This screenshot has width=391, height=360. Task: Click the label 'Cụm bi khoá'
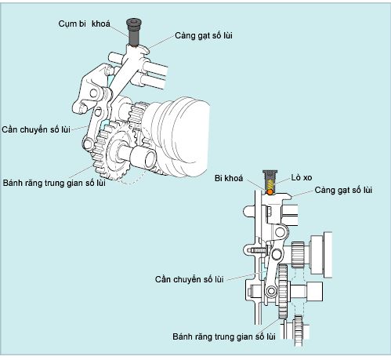click(x=84, y=24)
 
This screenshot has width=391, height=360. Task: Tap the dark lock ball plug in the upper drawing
click(x=134, y=32)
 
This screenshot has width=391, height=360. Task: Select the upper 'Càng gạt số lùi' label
click(x=204, y=35)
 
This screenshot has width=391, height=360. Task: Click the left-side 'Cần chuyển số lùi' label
click(x=36, y=129)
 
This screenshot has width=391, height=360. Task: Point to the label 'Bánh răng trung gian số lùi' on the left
click(x=54, y=183)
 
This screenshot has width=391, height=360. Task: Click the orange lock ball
click(x=270, y=192)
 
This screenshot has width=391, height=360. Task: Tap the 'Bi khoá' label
click(x=229, y=178)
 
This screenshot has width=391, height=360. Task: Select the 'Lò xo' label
click(x=302, y=178)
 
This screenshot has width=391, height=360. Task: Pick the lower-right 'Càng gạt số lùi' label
click(x=343, y=190)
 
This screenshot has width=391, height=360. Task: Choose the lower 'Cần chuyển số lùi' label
click(x=189, y=279)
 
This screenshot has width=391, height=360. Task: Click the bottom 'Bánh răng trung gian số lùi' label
click(x=224, y=336)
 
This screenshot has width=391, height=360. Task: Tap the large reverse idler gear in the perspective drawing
click(x=112, y=151)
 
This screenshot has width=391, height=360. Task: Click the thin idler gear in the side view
click(x=283, y=292)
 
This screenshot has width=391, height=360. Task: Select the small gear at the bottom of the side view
click(x=299, y=331)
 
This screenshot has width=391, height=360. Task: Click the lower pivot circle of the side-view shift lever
click(x=271, y=291)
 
